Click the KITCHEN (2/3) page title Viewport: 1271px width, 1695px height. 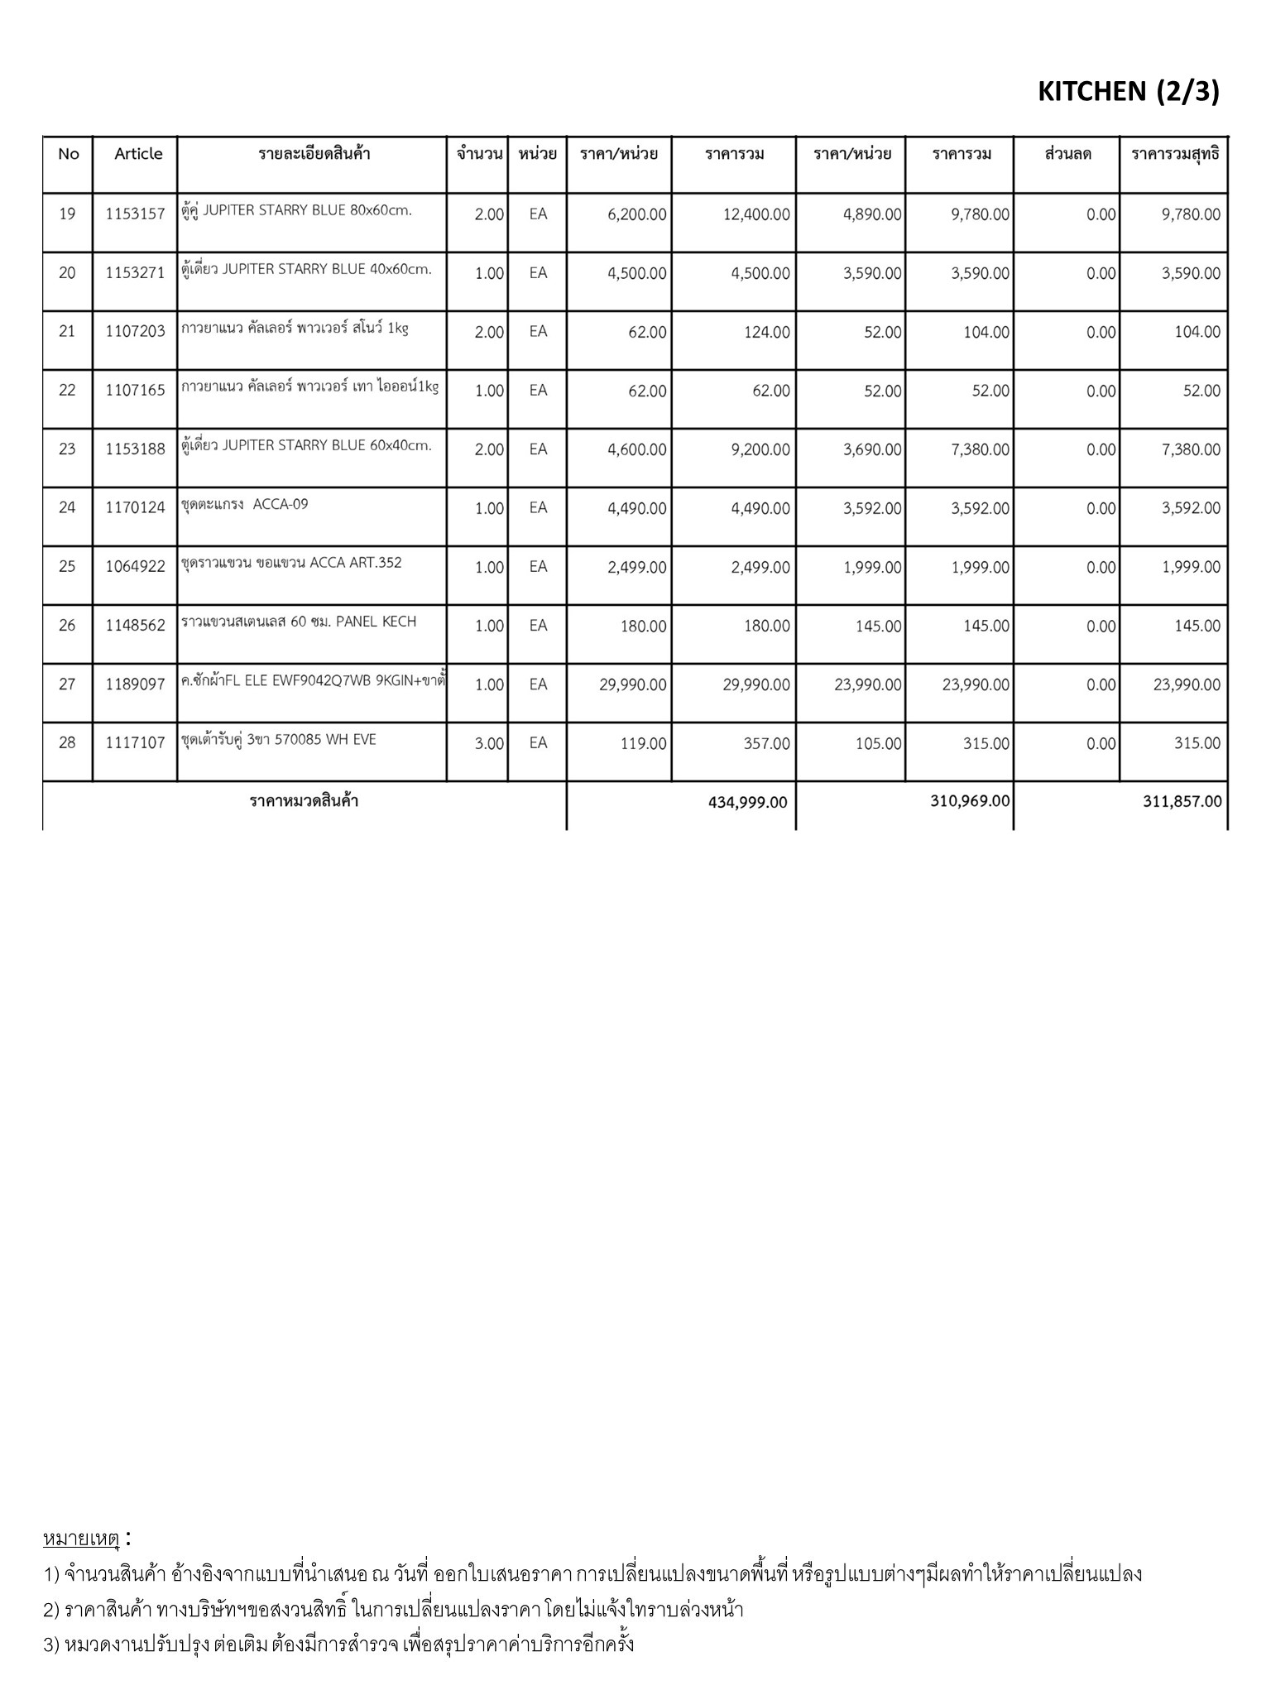tap(1128, 92)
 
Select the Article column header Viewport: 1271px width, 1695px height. tap(138, 154)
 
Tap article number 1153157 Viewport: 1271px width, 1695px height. tap(135, 214)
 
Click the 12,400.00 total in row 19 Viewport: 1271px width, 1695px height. tap(756, 214)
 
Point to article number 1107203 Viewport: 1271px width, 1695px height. tap(135, 332)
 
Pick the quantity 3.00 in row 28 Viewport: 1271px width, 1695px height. tap(489, 743)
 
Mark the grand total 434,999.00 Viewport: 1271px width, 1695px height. tap(748, 802)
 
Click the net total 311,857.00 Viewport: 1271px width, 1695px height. tap(1182, 801)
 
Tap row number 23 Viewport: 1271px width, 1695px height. tap(67, 449)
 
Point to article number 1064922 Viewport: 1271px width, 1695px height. tap(135, 567)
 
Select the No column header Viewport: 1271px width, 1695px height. tap(69, 154)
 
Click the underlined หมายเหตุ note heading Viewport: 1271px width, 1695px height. tap(81, 1539)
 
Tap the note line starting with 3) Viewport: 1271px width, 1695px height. tap(338, 1644)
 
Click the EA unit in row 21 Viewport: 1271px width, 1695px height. tap(538, 332)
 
